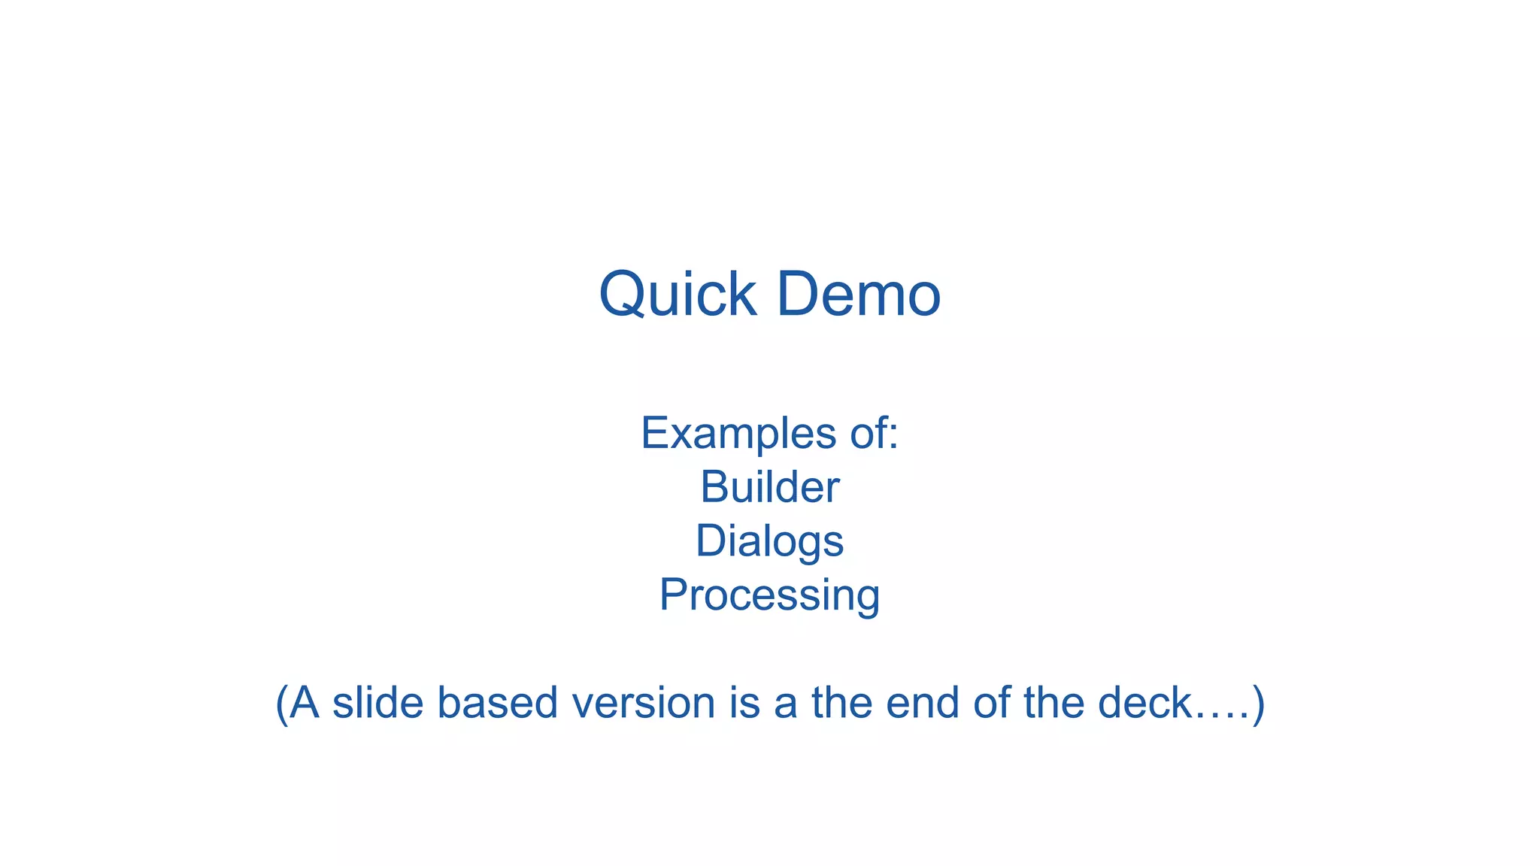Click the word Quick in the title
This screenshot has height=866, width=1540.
[x=677, y=295]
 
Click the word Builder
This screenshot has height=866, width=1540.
[x=769, y=487]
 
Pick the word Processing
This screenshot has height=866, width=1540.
[x=769, y=595]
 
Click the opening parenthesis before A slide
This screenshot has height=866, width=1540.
[x=281, y=704]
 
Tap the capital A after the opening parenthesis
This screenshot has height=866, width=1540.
[x=304, y=702]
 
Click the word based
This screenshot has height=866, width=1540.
[x=497, y=702]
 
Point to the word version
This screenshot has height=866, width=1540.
[x=643, y=702]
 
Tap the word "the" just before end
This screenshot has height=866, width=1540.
[x=842, y=702]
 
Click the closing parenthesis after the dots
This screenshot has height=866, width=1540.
[x=1259, y=704]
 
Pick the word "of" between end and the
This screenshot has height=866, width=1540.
[x=991, y=702]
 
